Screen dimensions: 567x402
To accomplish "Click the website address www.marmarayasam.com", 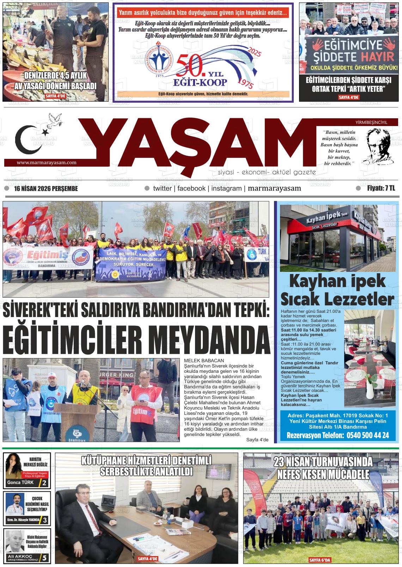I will coord(47,163).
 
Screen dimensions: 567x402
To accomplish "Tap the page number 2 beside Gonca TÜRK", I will coord(44,483).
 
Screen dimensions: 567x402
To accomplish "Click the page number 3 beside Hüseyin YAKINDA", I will coord(45,520).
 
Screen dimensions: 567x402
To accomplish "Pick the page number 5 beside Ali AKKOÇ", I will coord(44,558).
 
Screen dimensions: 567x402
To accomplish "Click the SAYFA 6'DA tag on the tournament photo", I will coord(320,560).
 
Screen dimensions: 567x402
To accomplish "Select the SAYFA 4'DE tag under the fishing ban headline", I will coord(55,96).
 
